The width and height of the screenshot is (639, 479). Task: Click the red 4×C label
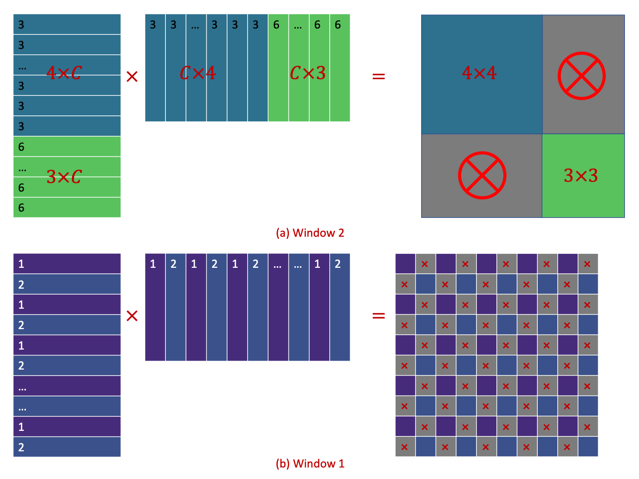(x=64, y=73)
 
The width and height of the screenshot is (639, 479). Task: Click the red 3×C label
(x=64, y=177)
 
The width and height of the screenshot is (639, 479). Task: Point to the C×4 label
(x=197, y=73)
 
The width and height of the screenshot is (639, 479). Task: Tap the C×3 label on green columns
(x=308, y=73)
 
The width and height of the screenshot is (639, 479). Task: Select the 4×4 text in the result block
(x=479, y=73)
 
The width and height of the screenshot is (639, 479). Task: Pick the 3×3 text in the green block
(x=581, y=175)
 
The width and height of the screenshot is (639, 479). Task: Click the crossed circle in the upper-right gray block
(x=582, y=76)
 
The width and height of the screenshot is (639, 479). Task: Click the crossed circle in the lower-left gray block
(x=482, y=175)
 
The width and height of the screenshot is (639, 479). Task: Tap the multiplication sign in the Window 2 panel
(x=132, y=77)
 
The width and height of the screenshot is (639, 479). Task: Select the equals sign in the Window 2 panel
(x=378, y=77)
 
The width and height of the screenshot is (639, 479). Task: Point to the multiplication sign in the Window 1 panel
(x=132, y=316)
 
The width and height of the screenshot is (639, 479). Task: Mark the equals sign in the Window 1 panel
(x=378, y=316)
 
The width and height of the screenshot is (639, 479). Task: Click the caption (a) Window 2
(x=310, y=233)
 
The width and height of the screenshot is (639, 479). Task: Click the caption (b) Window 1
(x=310, y=464)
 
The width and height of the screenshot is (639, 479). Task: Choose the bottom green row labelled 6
(x=67, y=208)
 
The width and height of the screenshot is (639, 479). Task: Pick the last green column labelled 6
(x=339, y=68)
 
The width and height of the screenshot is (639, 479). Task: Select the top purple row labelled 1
(x=67, y=264)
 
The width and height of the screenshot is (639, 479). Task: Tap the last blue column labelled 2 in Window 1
(x=339, y=307)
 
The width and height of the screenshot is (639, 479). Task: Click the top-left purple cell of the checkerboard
(x=405, y=264)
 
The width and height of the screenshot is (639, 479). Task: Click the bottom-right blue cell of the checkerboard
(x=588, y=447)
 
